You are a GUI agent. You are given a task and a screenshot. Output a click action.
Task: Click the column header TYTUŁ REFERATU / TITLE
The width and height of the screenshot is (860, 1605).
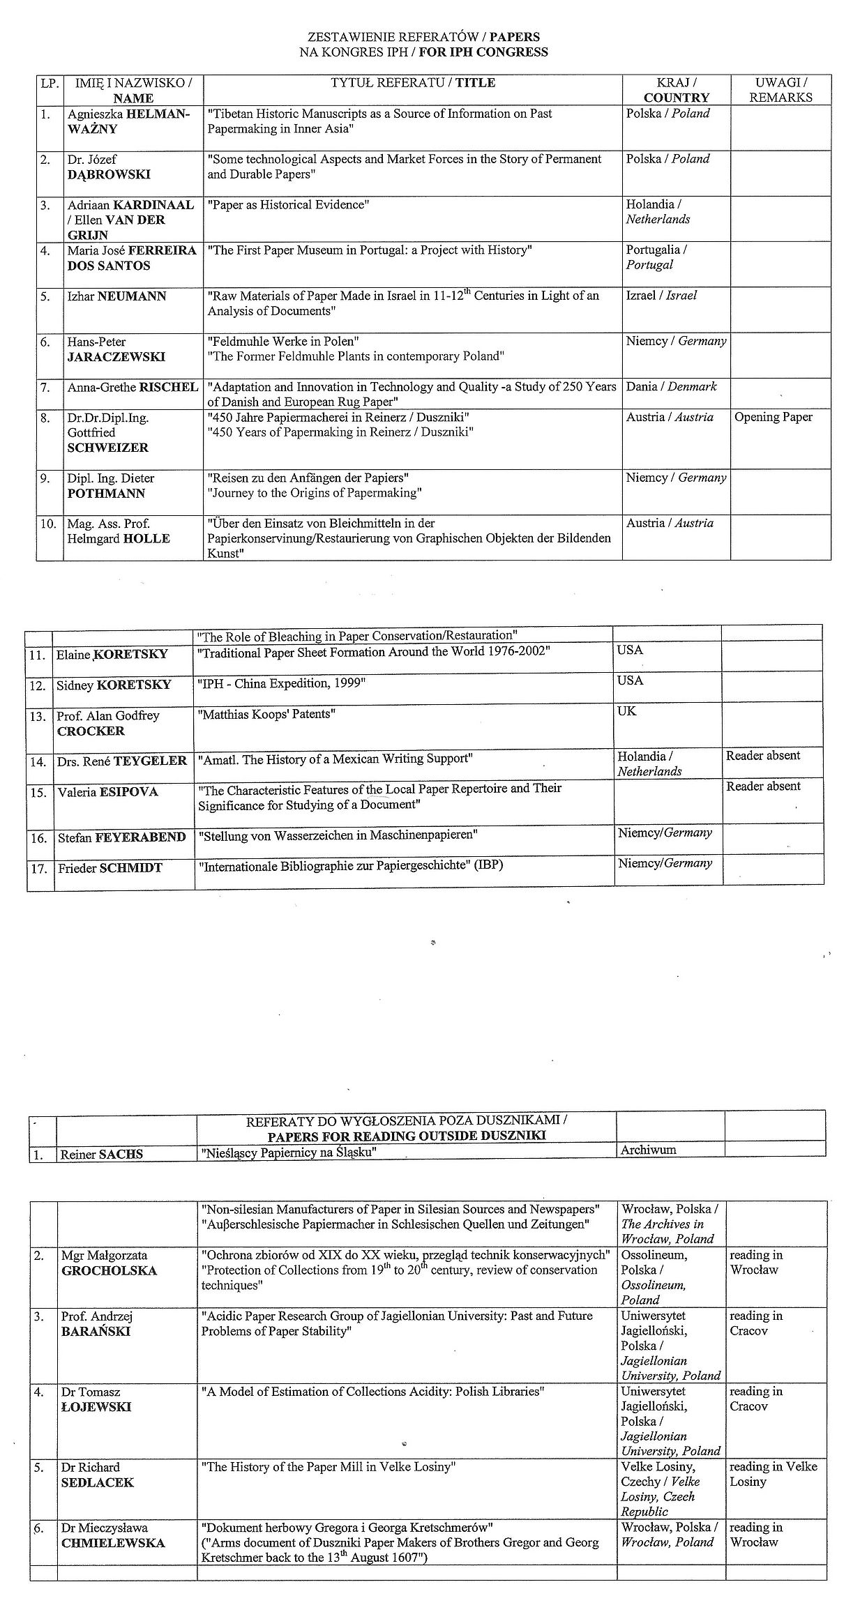point(413,83)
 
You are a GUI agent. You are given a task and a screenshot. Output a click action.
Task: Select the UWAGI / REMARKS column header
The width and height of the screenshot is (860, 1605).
point(780,90)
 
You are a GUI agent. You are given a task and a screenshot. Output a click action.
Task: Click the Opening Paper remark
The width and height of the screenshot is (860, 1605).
point(774,417)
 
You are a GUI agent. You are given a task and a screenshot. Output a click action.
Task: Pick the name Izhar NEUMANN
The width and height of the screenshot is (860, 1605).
point(116,296)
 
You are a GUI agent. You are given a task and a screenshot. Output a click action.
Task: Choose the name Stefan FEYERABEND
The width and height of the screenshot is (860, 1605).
point(122,837)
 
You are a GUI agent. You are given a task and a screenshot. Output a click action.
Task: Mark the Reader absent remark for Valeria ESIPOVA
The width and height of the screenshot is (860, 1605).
point(763,786)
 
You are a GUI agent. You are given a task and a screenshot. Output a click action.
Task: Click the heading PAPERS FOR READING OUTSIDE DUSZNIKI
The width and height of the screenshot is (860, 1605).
point(407,1136)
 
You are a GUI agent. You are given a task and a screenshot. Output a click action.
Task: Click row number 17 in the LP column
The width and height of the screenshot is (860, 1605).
point(39,869)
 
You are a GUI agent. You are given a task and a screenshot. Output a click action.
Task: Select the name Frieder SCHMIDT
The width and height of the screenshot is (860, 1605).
point(110,868)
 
